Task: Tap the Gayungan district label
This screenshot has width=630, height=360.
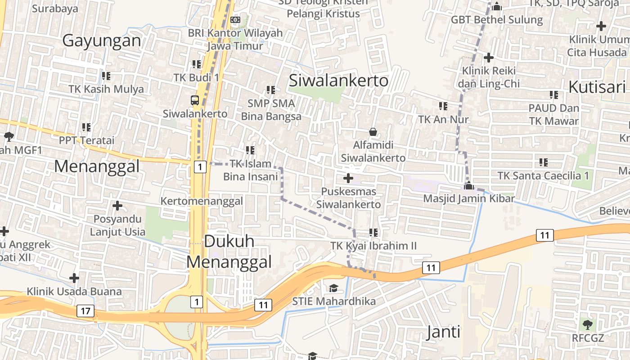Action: coord(102,40)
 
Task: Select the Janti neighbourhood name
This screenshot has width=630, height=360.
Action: coord(443,333)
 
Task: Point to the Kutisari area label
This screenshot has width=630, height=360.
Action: coord(597,87)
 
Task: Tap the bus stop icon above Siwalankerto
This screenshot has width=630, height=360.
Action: coord(195,100)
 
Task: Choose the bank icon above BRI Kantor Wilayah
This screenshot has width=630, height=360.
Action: coord(235,20)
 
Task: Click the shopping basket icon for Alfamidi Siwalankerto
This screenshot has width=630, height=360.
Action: coord(373,132)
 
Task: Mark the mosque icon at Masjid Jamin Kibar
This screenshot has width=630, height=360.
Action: coord(469,185)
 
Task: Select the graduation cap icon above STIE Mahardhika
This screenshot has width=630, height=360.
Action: coord(333,288)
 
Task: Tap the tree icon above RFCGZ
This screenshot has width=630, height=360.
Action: coord(587,324)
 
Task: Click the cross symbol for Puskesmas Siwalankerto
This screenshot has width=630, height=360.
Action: coord(348,178)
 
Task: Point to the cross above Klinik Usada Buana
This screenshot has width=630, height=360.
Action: coord(74,278)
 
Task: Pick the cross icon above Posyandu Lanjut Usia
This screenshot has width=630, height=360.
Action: coord(117,206)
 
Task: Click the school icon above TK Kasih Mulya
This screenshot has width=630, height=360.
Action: coord(106,76)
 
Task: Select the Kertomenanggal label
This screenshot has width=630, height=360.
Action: coord(202,201)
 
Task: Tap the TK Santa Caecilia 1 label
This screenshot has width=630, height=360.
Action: coord(543,175)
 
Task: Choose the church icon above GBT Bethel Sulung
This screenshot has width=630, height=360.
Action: coord(497,7)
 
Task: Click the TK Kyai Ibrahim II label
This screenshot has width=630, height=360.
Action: coord(373,246)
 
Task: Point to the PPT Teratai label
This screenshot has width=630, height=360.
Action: coord(87,140)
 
